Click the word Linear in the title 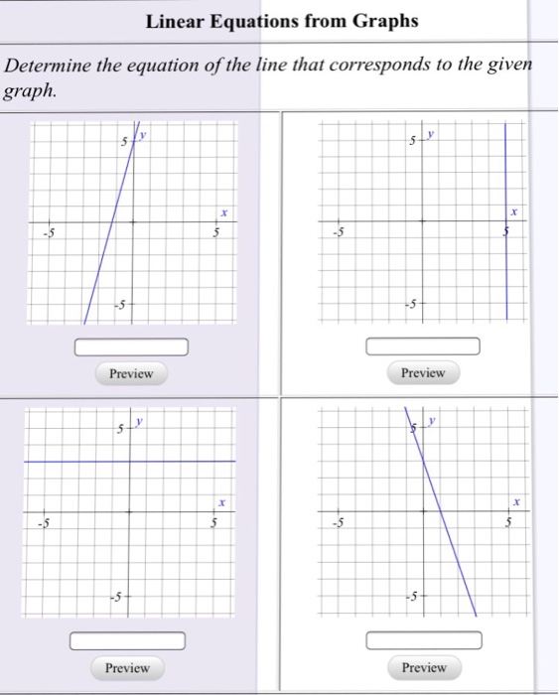177,21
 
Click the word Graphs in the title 384,21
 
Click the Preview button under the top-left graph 131,373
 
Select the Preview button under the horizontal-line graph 128,668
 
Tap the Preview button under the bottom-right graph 424,667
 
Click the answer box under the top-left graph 131,347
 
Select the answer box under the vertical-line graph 423,346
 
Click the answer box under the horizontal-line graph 128,640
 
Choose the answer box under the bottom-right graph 423,639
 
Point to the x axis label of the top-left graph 224,212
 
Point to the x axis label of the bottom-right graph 516,502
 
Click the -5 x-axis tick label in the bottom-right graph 339,523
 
